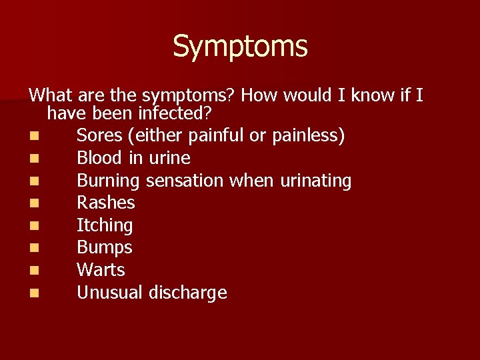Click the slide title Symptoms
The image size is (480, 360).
pos(240,47)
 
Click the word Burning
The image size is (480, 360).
pos(108,181)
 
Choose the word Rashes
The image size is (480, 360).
pos(105,203)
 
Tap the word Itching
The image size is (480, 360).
pos(105,225)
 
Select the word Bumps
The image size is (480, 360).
pos(105,248)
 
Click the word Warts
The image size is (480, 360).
pos(101,270)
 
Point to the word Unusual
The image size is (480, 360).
pos(109,293)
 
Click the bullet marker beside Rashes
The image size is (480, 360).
pos(34,203)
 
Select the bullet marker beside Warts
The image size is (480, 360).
pos(34,271)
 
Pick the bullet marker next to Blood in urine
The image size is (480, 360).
pos(34,159)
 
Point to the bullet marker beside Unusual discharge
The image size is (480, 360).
pos(34,293)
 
